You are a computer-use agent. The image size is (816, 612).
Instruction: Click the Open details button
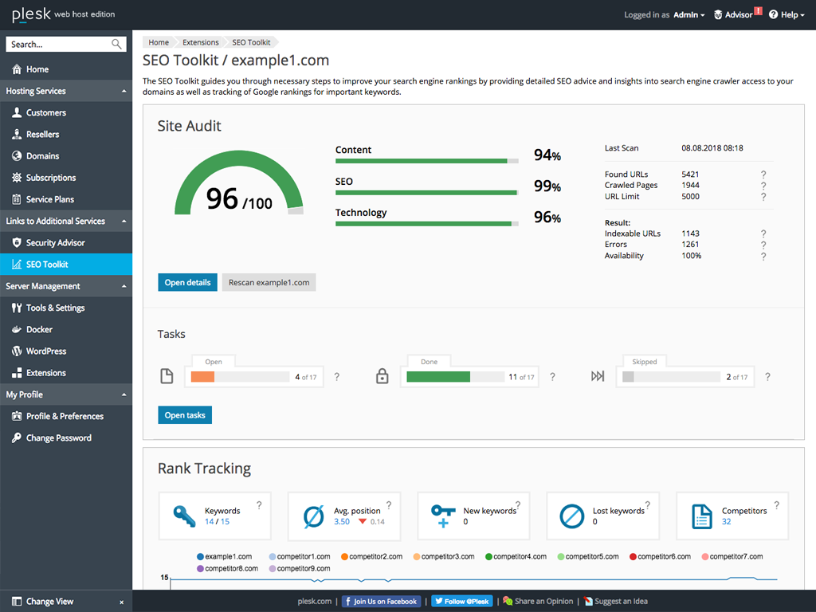click(187, 282)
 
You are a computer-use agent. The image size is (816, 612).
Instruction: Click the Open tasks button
click(185, 415)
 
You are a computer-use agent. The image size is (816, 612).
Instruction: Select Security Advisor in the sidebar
click(55, 243)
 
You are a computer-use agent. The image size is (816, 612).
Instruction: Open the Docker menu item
click(39, 330)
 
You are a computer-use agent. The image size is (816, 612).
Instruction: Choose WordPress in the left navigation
click(46, 351)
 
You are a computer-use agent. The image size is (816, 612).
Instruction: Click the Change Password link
click(58, 438)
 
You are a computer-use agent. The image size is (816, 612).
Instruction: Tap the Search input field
click(60, 45)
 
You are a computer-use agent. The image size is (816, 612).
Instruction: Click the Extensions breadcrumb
click(201, 42)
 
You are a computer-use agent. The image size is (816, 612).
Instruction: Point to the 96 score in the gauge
click(222, 199)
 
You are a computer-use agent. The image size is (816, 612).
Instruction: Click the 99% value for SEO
click(547, 186)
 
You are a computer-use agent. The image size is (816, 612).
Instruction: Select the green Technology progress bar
click(423, 224)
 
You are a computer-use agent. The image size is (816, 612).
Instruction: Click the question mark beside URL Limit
click(763, 197)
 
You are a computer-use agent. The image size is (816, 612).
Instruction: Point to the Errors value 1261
click(690, 245)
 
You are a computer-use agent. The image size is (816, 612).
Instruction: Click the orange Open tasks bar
click(203, 377)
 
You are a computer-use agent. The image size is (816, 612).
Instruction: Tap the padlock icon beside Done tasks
click(382, 377)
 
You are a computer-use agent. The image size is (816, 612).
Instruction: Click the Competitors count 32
click(726, 522)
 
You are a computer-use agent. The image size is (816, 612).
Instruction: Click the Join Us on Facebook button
click(381, 602)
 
